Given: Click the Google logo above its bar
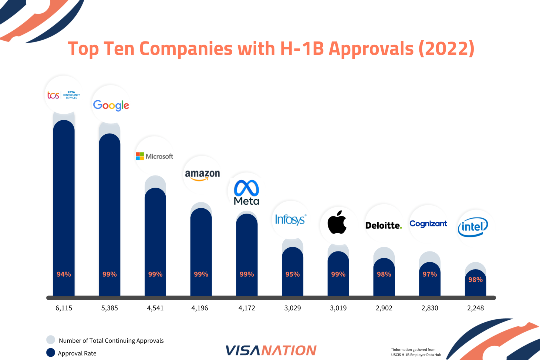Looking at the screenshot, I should click(x=111, y=105).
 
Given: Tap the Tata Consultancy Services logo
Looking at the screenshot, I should click(x=63, y=95).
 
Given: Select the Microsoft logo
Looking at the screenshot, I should click(x=154, y=156).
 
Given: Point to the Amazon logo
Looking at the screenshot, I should click(x=202, y=174).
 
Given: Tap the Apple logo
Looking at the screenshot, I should click(x=336, y=222).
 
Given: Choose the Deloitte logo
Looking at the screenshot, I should click(x=383, y=225).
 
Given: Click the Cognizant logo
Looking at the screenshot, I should click(x=428, y=224).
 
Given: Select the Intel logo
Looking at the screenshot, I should click(x=473, y=228).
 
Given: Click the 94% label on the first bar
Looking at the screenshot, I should click(x=64, y=274).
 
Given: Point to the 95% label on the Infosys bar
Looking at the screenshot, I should click(x=292, y=274).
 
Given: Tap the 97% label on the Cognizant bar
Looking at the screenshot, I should click(x=430, y=274).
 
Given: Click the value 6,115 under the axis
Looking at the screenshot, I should click(x=64, y=308).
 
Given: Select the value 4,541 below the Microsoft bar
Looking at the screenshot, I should click(x=155, y=308).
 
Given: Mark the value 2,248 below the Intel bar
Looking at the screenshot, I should click(x=475, y=308).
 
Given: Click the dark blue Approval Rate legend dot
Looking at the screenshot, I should click(x=50, y=353).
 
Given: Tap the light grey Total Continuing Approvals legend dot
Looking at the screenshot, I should click(x=50, y=340).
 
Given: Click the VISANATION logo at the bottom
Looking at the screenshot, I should click(x=270, y=350).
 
